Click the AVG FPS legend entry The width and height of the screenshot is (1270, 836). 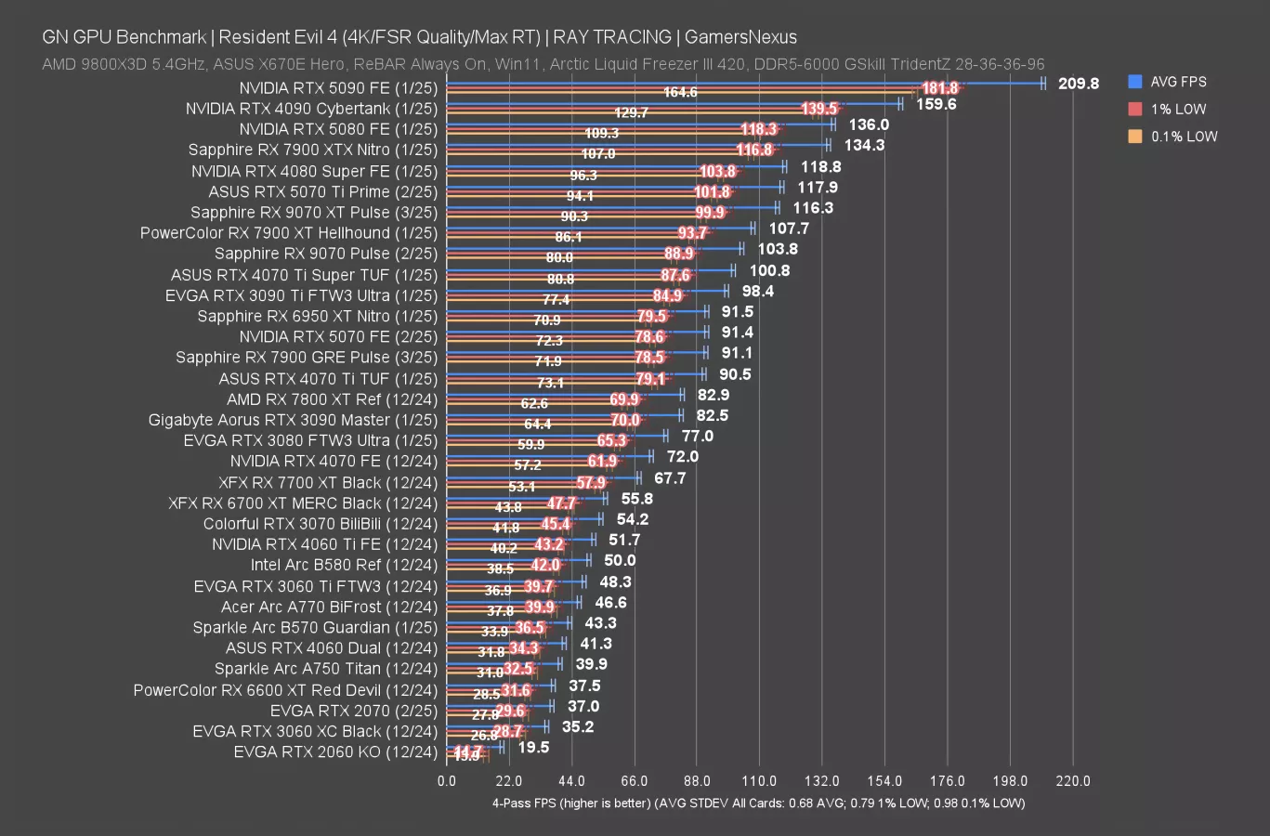click(x=1177, y=82)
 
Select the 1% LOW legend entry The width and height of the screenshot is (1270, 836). click(x=1177, y=109)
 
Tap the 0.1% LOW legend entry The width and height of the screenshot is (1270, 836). click(x=1183, y=137)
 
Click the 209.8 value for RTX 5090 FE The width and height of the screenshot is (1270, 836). click(x=1078, y=84)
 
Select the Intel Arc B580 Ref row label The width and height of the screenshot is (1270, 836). click(x=343, y=565)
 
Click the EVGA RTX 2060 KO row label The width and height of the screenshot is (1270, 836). click(x=334, y=751)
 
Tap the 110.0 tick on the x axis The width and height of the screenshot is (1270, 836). click(x=759, y=781)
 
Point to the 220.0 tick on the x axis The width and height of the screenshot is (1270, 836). click(x=1072, y=781)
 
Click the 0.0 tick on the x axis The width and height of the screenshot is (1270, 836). click(x=447, y=781)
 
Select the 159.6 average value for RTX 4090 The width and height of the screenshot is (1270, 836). click(x=936, y=104)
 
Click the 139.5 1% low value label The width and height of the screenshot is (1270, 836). click(x=818, y=110)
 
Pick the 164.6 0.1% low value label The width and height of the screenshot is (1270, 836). click(x=680, y=93)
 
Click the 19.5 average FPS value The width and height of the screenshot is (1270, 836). click(x=533, y=747)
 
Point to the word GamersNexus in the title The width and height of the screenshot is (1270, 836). click(x=740, y=37)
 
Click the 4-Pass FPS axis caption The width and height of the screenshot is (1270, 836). click(x=758, y=803)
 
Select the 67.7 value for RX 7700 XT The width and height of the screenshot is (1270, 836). click(x=670, y=478)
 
